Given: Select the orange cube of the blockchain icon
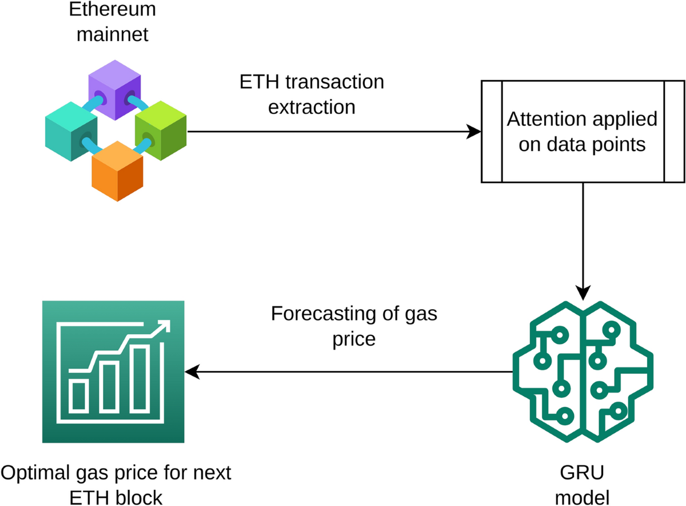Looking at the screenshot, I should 117,172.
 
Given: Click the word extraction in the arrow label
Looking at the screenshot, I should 312,106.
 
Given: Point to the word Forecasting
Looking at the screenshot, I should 320,314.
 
